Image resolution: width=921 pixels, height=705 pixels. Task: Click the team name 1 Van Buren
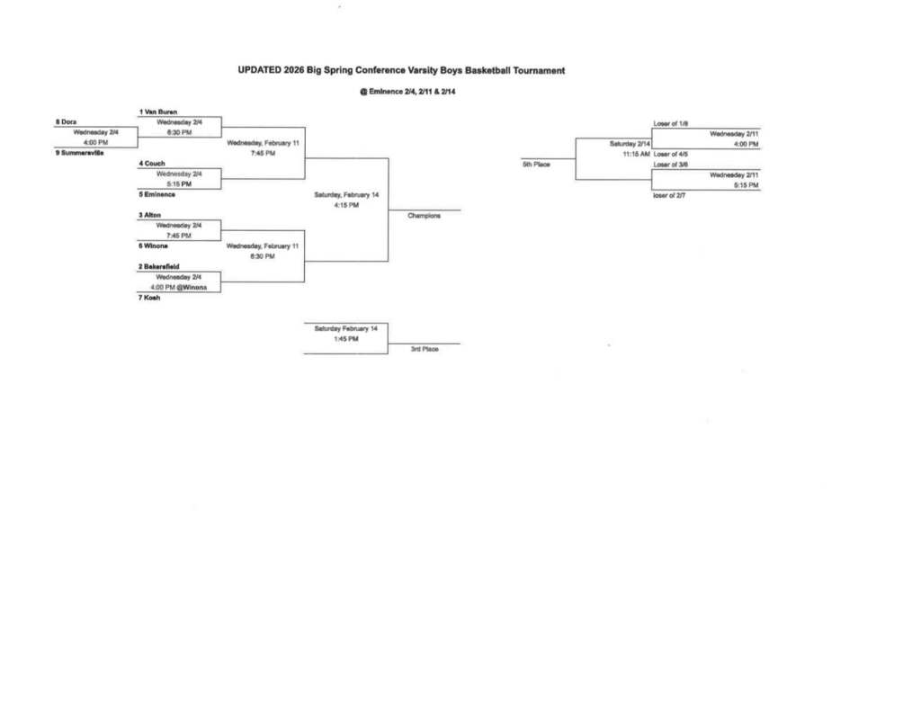[157, 112]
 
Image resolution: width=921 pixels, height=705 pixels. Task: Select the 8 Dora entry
[67, 121]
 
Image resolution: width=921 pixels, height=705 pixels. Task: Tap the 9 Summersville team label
[79, 152]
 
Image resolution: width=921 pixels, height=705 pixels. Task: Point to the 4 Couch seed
[152, 164]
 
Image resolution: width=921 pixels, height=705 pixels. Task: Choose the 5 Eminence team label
[157, 194]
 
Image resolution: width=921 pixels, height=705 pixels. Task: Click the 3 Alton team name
[150, 215]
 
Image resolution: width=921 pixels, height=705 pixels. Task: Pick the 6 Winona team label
[154, 245]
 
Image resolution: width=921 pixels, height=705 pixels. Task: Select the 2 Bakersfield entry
[159, 266]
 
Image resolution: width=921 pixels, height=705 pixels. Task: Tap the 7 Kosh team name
[149, 298]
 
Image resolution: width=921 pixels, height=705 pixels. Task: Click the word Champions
[424, 216]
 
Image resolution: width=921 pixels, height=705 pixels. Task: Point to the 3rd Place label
[425, 349]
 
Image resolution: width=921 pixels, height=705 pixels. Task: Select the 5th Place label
[536, 164]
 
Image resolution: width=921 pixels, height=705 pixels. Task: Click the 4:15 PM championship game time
[346, 205]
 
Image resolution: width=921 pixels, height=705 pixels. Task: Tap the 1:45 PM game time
[346, 339]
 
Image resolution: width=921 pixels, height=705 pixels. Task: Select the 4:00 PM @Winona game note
[178, 287]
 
